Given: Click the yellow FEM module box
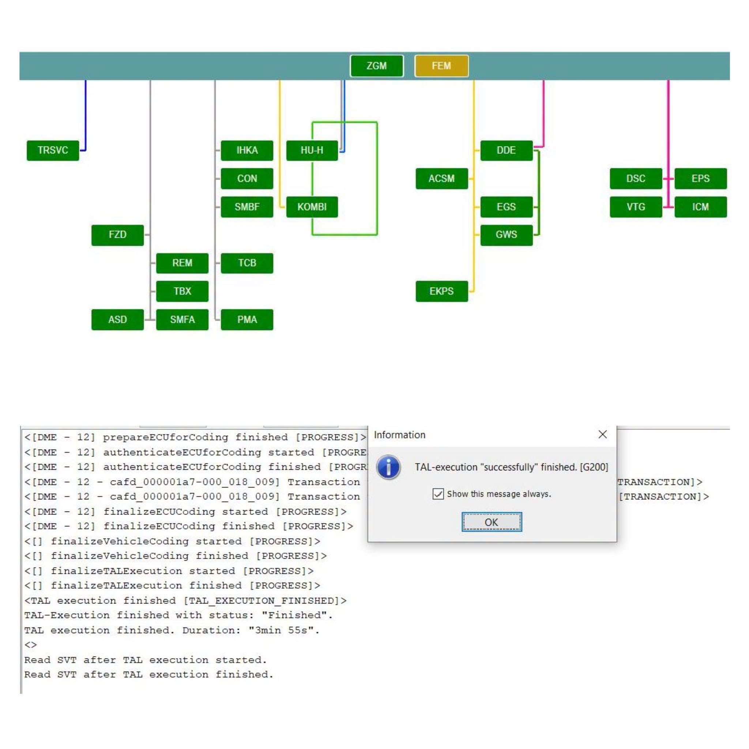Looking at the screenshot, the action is [x=441, y=66].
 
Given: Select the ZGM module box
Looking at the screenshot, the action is [x=376, y=66].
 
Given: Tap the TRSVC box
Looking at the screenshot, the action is [x=53, y=150].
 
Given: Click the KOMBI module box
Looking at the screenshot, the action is [x=312, y=207].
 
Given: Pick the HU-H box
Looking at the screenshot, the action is [x=312, y=150].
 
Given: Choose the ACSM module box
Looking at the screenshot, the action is [x=441, y=179].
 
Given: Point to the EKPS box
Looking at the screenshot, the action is [x=441, y=291].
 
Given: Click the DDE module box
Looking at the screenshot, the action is [x=506, y=150].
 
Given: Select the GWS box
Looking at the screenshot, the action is [x=506, y=235].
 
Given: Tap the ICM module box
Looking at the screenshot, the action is [x=700, y=207].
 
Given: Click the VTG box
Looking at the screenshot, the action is [x=636, y=207].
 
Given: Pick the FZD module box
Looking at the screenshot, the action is [x=117, y=235].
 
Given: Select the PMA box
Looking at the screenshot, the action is [x=247, y=319].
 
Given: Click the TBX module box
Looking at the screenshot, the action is [x=182, y=291].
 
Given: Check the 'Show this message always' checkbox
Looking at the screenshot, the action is [x=438, y=494].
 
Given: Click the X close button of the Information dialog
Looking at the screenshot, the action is [x=602, y=434].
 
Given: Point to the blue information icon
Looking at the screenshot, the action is [x=388, y=467].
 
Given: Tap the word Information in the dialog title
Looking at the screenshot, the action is [x=399, y=435].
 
